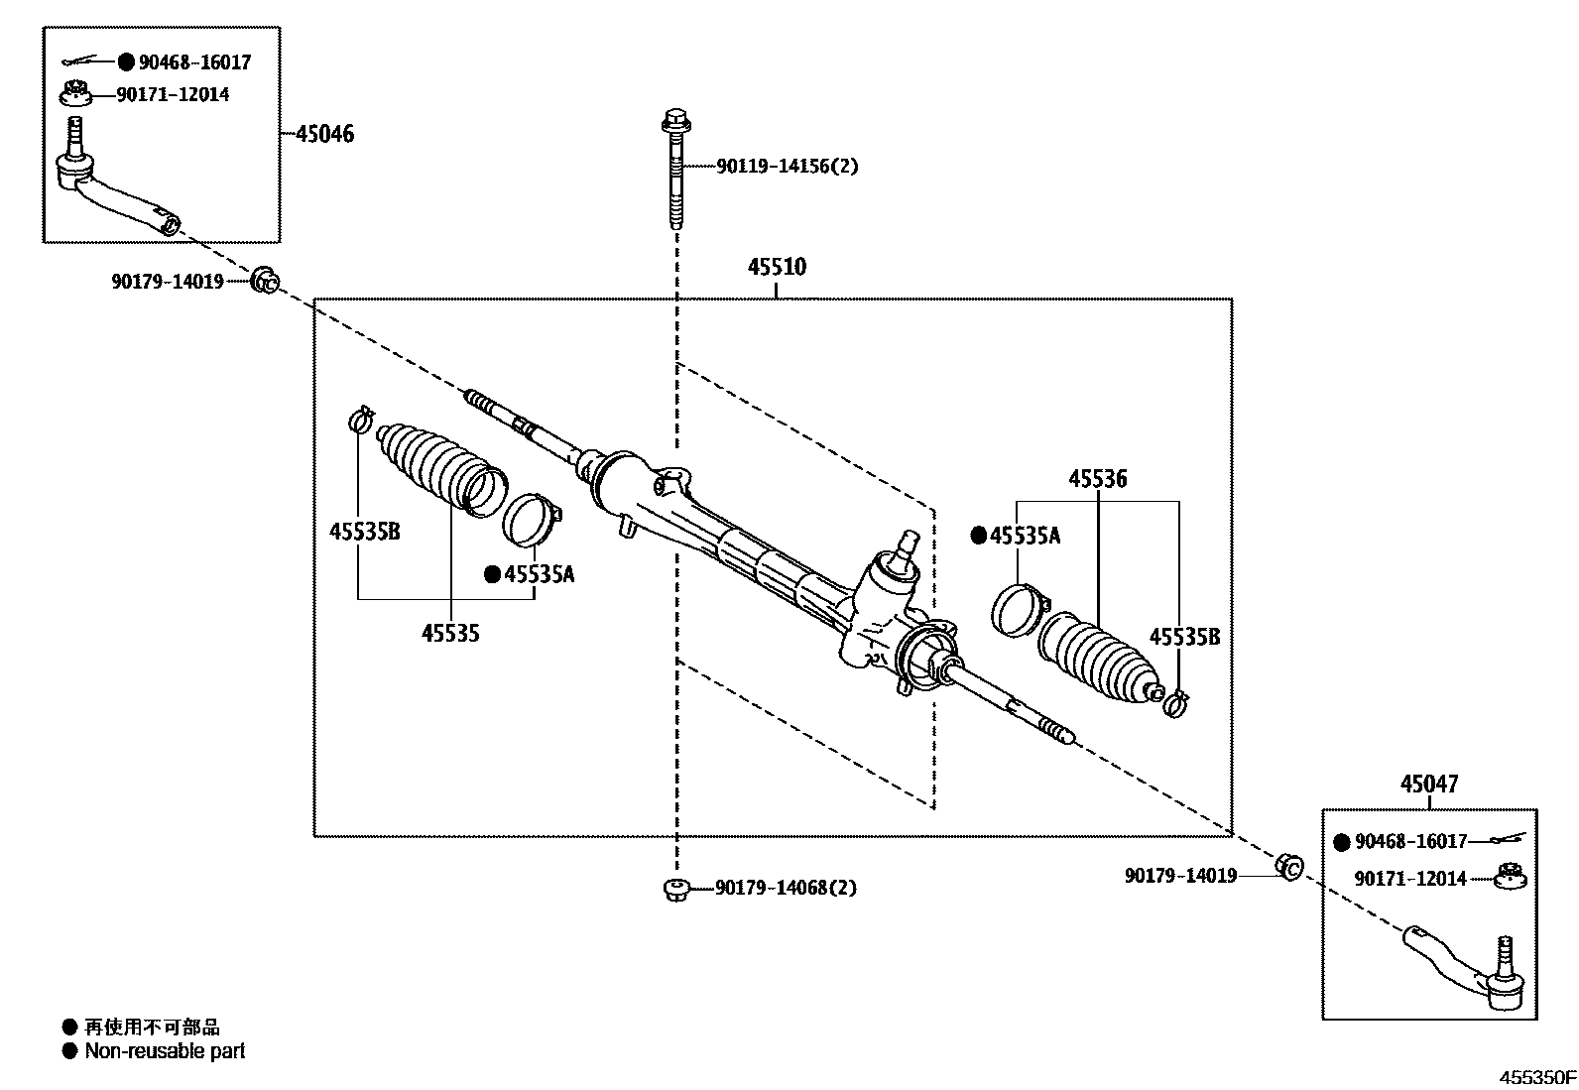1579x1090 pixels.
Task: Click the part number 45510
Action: tap(777, 267)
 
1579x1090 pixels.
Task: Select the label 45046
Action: tap(323, 134)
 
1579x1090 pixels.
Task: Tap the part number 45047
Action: tap(1429, 784)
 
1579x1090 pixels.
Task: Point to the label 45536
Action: tap(1097, 479)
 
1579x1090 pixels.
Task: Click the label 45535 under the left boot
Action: tap(450, 633)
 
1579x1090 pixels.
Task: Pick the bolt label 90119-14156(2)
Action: tap(788, 167)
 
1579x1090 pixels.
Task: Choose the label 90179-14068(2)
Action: tap(786, 888)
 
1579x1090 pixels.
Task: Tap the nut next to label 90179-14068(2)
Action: tap(675, 889)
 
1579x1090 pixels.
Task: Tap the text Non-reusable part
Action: tap(165, 1051)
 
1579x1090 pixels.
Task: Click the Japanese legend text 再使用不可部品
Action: tap(151, 1028)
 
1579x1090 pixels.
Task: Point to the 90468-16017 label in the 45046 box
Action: tap(194, 62)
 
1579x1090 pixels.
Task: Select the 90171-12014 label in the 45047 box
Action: tap(1411, 879)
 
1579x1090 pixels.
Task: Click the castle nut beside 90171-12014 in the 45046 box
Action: tap(74, 95)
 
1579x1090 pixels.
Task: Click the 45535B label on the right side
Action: tap(1184, 637)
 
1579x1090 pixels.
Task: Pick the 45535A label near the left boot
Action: tap(539, 574)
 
